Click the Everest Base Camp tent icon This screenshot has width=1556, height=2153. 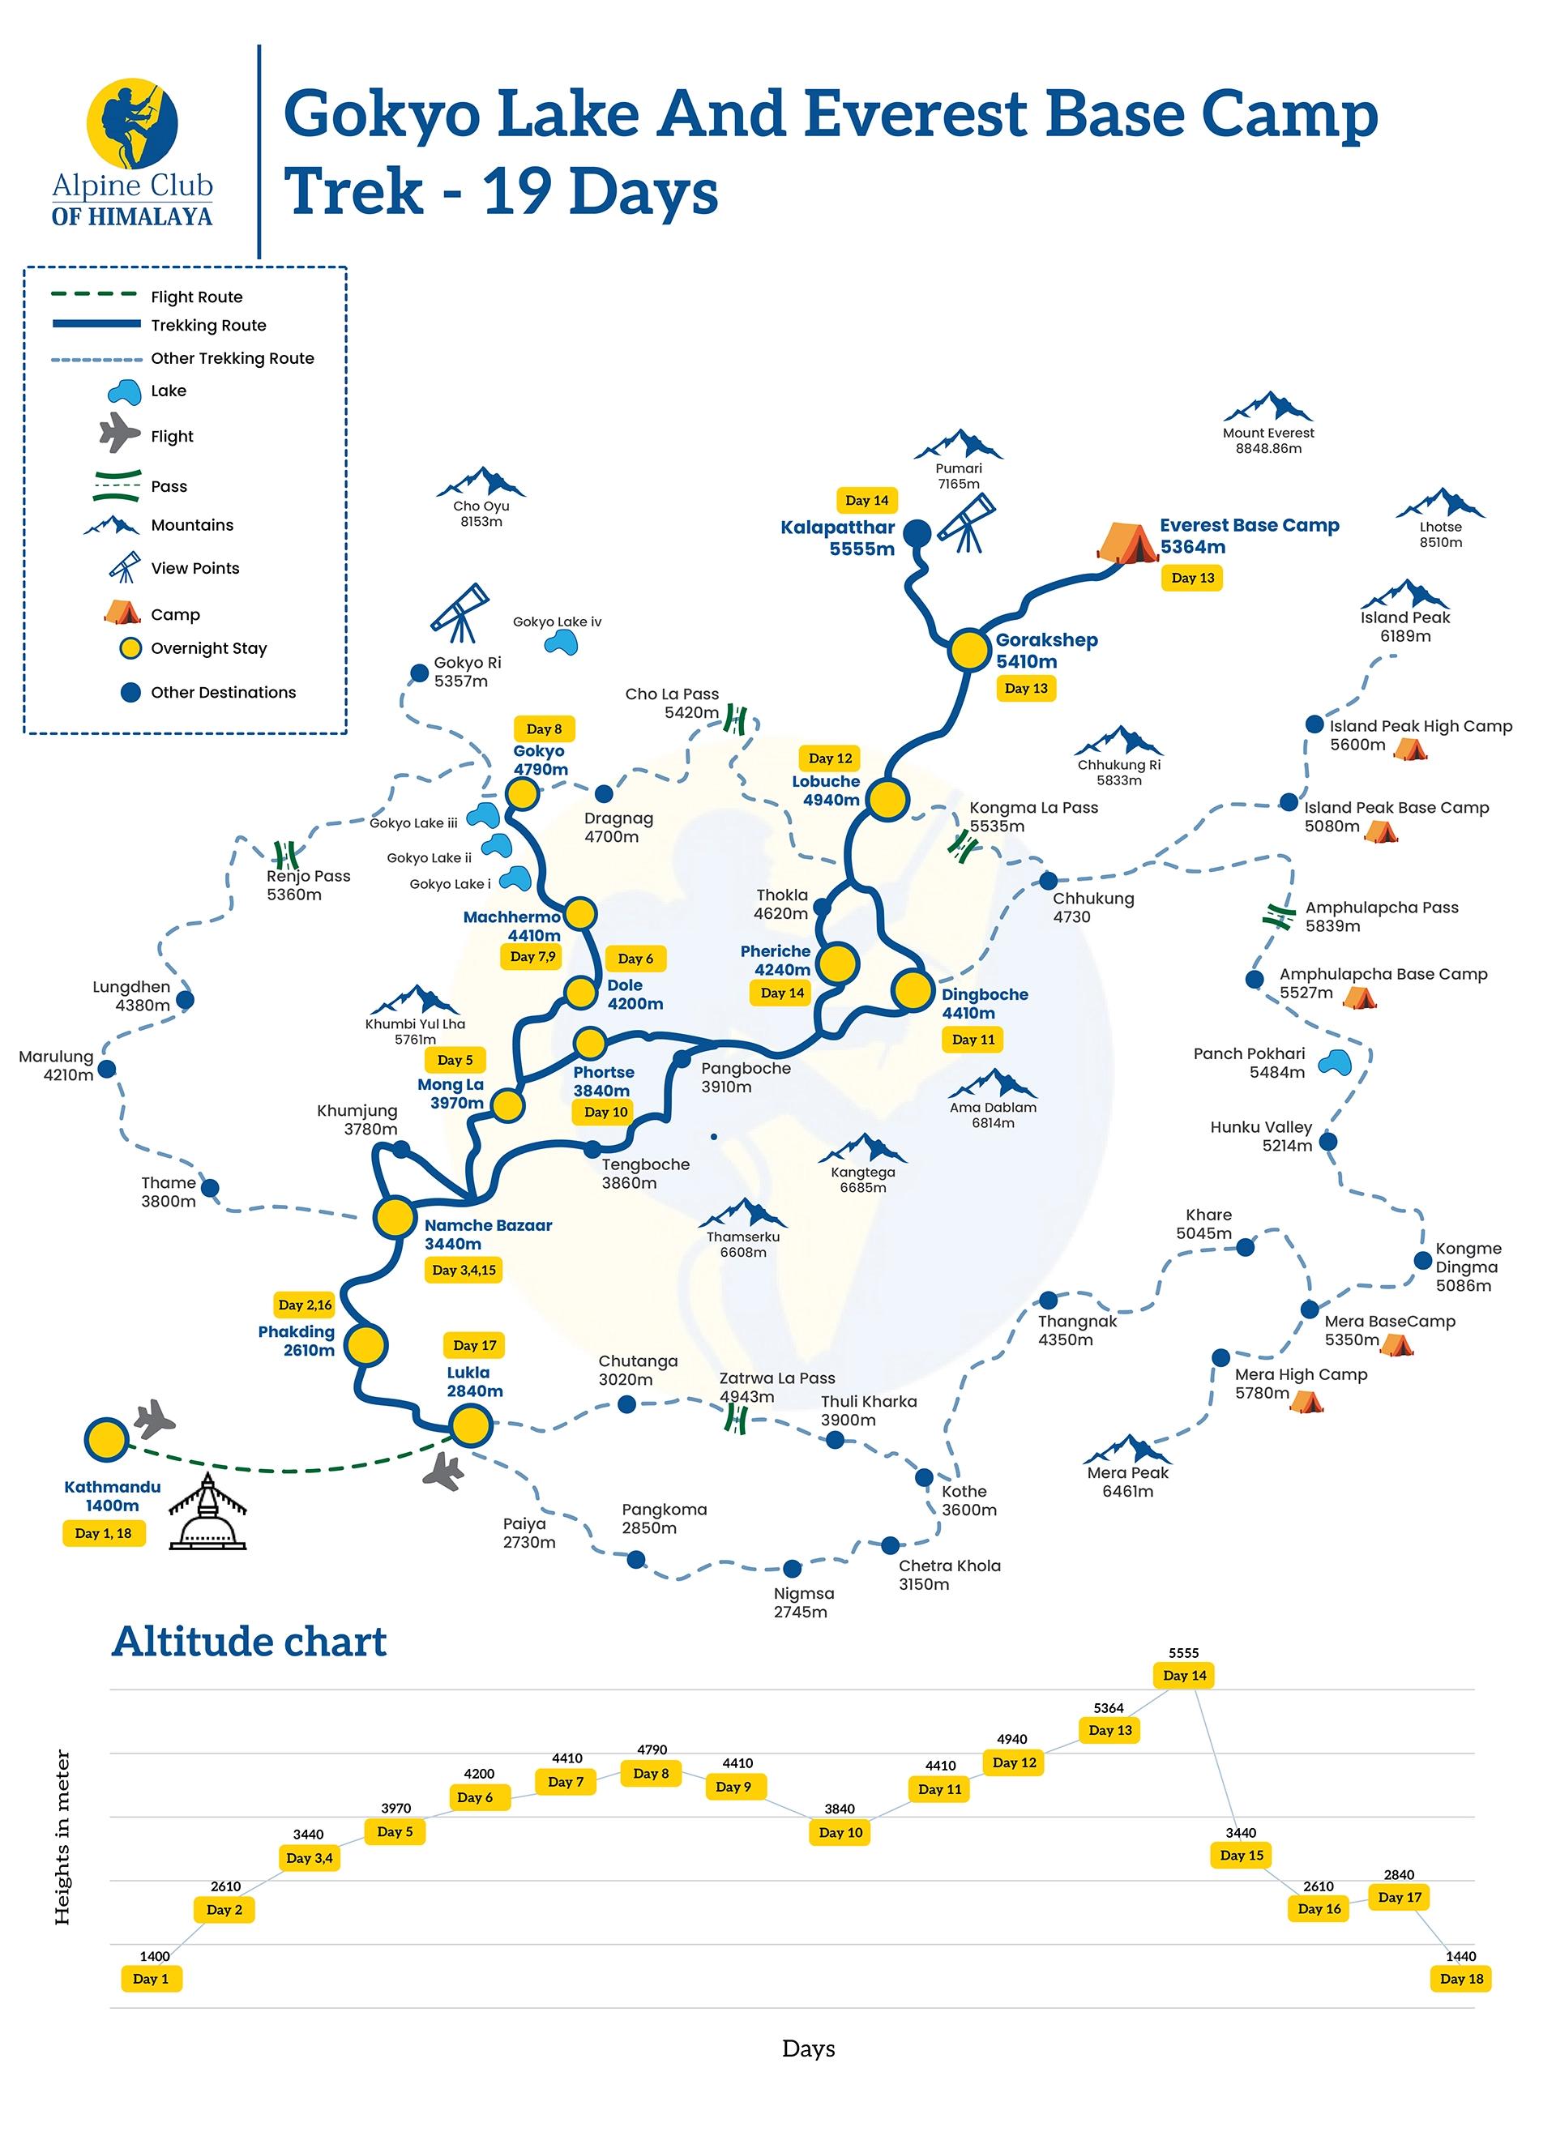click(x=1127, y=542)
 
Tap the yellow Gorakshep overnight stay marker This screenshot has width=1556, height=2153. click(x=968, y=650)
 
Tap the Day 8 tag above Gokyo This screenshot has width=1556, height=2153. click(x=544, y=729)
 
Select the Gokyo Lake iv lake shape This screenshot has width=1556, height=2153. click(x=561, y=643)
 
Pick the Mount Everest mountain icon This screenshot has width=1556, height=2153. click(x=1267, y=408)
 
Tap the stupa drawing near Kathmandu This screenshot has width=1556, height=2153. click(x=207, y=1512)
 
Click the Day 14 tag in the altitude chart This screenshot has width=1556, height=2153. click(x=1184, y=1676)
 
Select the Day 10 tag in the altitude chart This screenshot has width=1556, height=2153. click(x=840, y=1832)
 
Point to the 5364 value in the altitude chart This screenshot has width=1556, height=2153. click(x=1108, y=1708)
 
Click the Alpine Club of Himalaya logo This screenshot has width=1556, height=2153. click(x=132, y=152)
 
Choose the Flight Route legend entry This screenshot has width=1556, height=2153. click(x=196, y=297)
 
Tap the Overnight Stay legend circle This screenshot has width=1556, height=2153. click(x=130, y=648)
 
